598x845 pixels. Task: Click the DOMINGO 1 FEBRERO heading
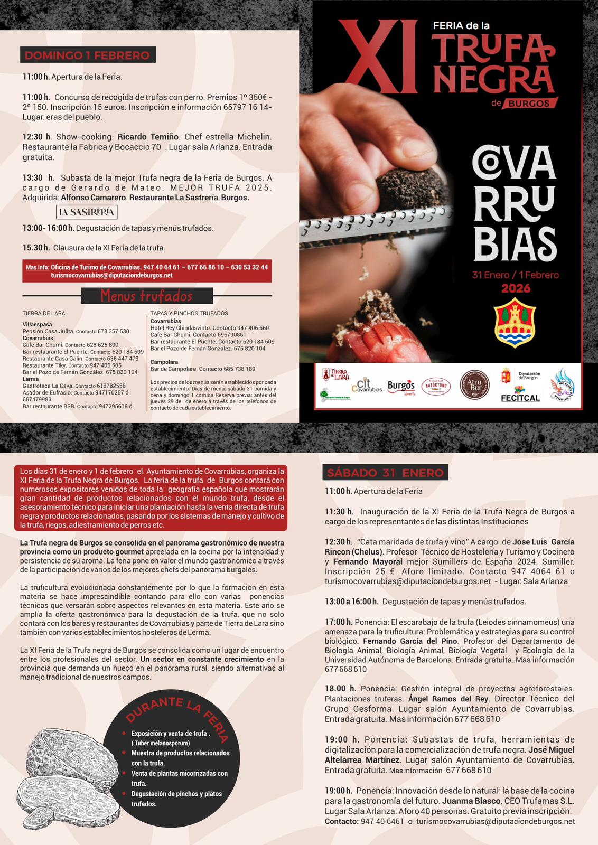pyautogui.click(x=87, y=55)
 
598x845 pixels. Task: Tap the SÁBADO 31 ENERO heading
pyautogui.click(x=385, y=473)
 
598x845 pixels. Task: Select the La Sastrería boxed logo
pyautogui.click(x=87, y=212)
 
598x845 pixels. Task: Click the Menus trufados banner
pyautogui.click(x=147, y=296)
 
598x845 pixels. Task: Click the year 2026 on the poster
pyautogui.click(x=516, y=288)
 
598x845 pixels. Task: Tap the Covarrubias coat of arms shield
pyautogui.click(x=515, y=322)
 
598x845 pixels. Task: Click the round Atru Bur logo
pyautogui.click(x=474, y=384)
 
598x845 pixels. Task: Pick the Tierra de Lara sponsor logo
pyautogui.click(x=336, y=374)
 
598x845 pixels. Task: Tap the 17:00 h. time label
pyautogui.click(x=339, y=622)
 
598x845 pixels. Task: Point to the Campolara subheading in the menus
pyautogui.click(x=164, y=362)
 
